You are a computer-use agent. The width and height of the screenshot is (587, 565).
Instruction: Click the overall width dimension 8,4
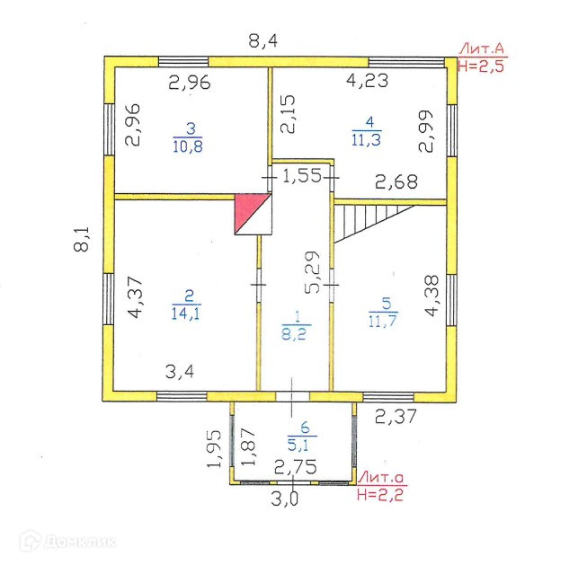[x=262, y=40]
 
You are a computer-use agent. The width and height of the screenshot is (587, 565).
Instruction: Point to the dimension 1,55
[x=302, y=177]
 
